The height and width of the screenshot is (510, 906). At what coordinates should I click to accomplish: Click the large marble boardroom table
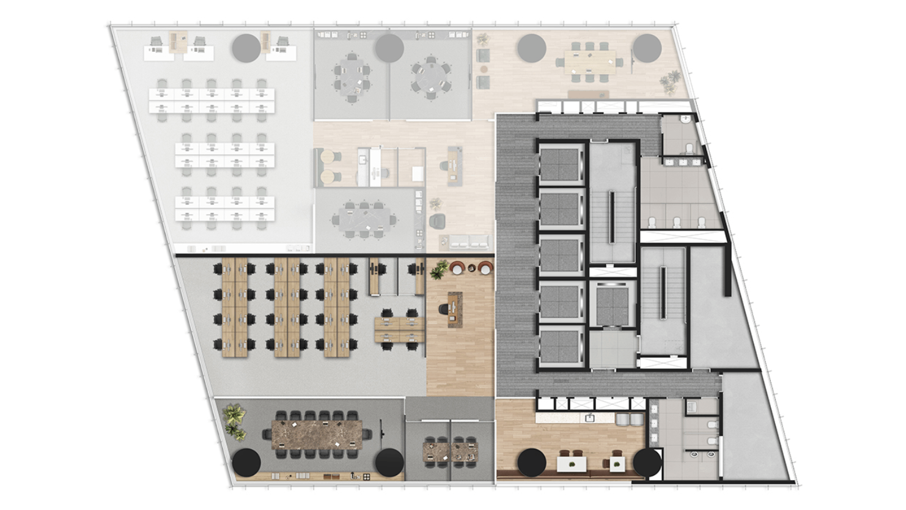[x=317, y=434]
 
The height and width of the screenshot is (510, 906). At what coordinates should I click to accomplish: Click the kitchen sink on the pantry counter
[x=589, y=418]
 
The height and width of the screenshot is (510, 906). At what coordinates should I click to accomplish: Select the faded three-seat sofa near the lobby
[x=469, y=242]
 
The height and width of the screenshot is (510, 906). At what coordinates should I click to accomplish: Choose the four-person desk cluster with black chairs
[x=400, y=329]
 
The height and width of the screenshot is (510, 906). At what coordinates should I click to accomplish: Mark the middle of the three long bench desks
[x=287, y=307]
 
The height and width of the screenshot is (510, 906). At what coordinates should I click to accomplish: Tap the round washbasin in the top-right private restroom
[x=687, y=119]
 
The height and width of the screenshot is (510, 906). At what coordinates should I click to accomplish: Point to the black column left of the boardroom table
[x=246, y=463]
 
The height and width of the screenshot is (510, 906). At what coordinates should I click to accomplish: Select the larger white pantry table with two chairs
[x=572, y=464]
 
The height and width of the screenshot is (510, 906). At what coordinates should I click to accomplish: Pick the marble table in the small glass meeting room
[x=451, y=451]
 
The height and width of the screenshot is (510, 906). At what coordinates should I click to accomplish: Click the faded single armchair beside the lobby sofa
[x=438, y=220]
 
